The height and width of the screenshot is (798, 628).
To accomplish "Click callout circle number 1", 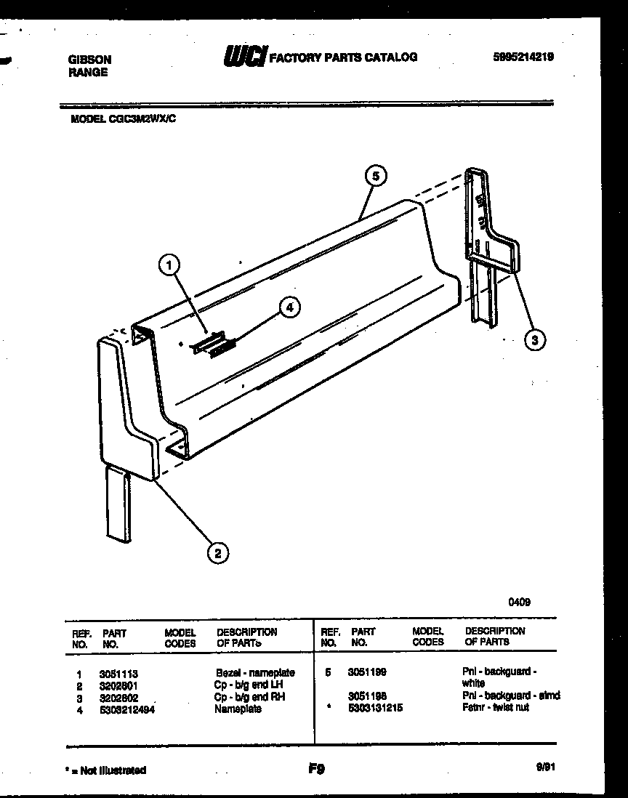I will click(169, 267).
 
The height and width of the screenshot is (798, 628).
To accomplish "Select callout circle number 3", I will click(535, 339).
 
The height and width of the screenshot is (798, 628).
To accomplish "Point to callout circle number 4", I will click(289, 307).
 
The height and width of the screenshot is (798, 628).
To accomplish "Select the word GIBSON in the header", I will click(89, 60).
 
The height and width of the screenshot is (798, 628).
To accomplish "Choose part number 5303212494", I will click(126, 709).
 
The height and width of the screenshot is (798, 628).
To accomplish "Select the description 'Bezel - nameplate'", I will click(254, 674).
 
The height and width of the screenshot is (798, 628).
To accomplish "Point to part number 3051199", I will click(367, 673).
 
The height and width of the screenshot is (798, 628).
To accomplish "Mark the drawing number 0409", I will click(519, 601).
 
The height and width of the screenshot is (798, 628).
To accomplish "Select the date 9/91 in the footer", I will click(543, 767).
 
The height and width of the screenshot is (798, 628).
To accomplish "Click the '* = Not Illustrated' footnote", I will click(105, 770).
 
